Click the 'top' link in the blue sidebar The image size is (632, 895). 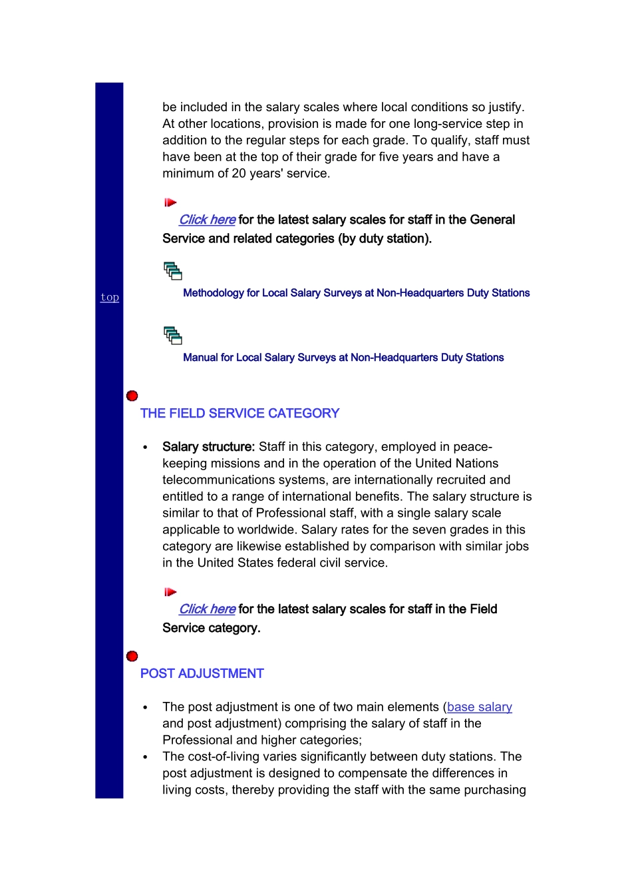pos(110,297)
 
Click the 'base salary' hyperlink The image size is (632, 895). pos(479,707)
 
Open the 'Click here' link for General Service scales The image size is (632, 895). pos(207,220)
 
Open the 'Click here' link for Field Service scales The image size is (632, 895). pos(207,609)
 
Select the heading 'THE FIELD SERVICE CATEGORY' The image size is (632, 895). pos(239,414)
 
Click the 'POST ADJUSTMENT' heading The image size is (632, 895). pos(202,674)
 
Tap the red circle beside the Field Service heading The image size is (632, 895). pos(132,396)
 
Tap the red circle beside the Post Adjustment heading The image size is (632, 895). pos(132,657)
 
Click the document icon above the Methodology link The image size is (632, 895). pos(173,270)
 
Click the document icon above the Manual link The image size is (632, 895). pos(173,335)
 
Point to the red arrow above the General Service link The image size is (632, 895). pos(170,202)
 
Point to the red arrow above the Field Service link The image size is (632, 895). pos(170,592)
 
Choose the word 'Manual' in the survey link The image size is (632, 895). pos(200,358)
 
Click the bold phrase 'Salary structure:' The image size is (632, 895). pos(208,447)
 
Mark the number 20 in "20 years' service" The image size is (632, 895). pos(239,174)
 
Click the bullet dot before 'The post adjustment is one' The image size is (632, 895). pos(145,708)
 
